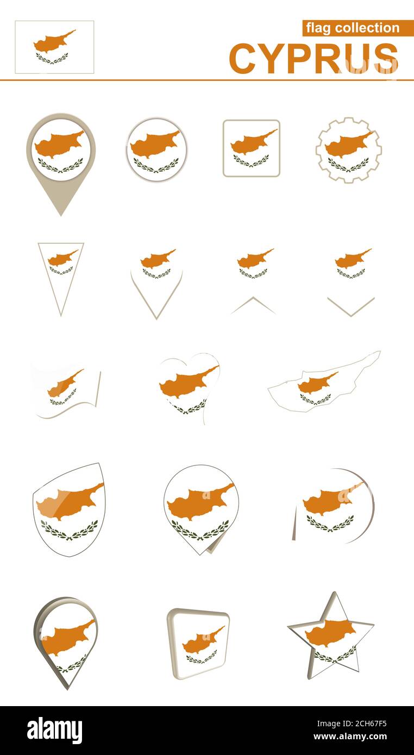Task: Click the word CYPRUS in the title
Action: tap(313, 58)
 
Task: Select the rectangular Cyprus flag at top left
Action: tap(54, 47)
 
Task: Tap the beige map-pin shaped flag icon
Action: tap(61, 152)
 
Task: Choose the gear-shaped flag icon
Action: tap(348, 150)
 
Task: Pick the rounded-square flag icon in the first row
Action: tap(251, 148)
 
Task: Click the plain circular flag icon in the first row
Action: tap(156, 149)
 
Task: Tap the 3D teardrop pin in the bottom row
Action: tap(65, 641)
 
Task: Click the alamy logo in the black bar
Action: tap(54, 731)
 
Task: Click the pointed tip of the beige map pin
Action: tap(61, 214)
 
